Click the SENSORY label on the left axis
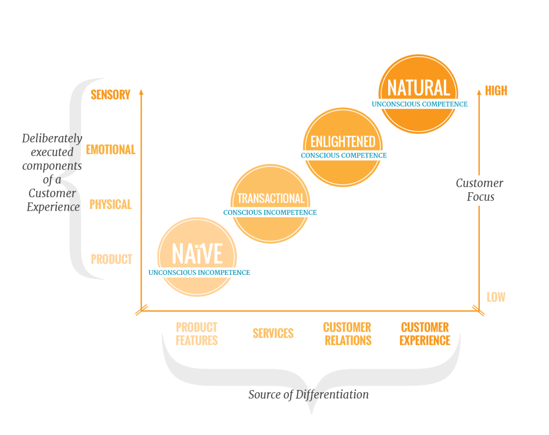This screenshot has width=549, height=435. click(110, 95)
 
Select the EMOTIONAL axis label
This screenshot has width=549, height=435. click(110, 149)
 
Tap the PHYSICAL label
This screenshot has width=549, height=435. click(110, 204)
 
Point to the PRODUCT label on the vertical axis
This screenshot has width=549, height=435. click(111, 259)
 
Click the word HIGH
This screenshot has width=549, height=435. click(496, 91)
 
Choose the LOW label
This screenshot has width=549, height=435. click(496, 297)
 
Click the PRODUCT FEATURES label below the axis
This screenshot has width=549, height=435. click(197, 333)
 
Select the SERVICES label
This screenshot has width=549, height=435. click(273, 333)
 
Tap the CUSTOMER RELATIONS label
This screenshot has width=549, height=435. click(347, 333)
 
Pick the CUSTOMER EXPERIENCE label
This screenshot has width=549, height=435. click(425, 333)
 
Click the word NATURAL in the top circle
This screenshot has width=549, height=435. click(418, 88)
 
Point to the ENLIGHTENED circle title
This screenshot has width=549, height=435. click(343, 142)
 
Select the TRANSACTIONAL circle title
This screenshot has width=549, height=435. click(271, 199)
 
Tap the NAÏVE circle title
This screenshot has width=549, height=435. click(197, 254)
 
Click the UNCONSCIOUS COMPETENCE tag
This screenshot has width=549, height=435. click(419, 104)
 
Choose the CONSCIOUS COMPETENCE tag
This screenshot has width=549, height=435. click(344, 155)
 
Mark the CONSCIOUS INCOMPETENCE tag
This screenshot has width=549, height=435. click(270, 213)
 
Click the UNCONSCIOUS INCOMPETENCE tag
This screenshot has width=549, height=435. click(199, 273)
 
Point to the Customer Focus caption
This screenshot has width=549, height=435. click(479, 190)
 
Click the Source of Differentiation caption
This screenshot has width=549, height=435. click(308, 395)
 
